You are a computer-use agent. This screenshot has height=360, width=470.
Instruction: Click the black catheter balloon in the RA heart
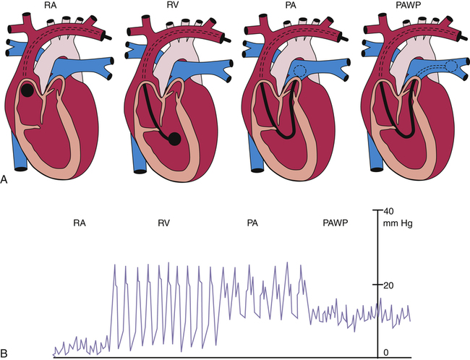coord(27,91)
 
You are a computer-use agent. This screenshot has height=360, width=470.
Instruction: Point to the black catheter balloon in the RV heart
coord(174,139)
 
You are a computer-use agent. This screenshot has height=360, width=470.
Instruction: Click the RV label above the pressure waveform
coord(164,225)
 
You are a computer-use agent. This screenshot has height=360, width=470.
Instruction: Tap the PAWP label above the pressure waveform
coord(336,225)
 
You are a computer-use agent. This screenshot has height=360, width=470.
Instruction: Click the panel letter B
coord(6,353)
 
